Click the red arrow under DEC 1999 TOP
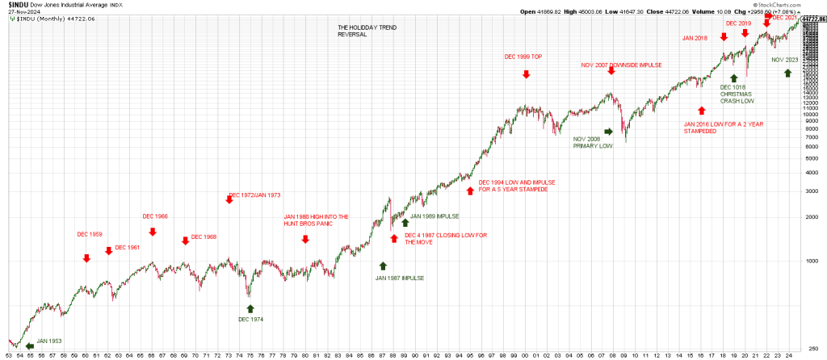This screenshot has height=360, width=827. point(526,74)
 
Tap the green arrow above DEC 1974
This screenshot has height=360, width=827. point(250,307)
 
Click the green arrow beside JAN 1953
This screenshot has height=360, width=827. point(30,347)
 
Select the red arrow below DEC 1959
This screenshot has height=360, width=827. point(86,257)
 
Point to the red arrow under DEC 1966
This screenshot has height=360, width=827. point(153,232)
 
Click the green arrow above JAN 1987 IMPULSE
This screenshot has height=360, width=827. point(383,265)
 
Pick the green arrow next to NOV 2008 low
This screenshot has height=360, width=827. point(608,131)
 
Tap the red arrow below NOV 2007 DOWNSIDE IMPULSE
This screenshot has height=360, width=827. point(611,71)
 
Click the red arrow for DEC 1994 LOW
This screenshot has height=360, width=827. point(470,190)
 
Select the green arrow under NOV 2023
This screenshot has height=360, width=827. point(787,73)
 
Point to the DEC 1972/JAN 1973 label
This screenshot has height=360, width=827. point(255,195)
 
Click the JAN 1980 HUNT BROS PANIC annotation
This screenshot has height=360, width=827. point(316,220)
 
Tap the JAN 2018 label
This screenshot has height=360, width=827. point(695,38)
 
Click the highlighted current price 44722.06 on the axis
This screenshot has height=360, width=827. point(812,19)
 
